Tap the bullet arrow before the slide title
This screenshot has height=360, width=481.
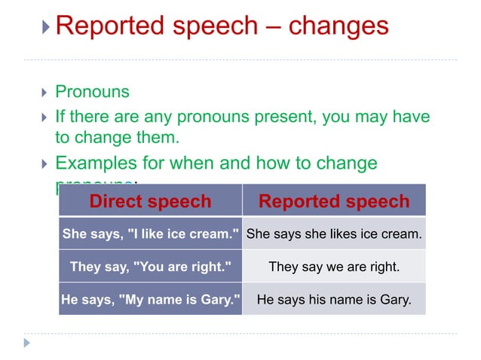click(x=47, y=27)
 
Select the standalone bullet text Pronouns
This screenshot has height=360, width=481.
click(x=92, y=92)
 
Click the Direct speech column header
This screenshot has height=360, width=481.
click(x=150, y=201)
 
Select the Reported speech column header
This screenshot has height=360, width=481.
click(x=334, y=201)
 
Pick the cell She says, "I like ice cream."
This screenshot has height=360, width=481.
click(x=151, y=233)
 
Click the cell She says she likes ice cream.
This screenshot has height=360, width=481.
click(x=334, y=233)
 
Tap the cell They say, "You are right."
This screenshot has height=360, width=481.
click(x=151, y=267)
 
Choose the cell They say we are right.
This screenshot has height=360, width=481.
click(x=334, y=267)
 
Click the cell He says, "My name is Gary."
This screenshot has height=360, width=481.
click(x=151, y=300)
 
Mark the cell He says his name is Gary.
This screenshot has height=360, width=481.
click(x=334, y=300)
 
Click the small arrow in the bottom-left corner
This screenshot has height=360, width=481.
click(x=28, y=343)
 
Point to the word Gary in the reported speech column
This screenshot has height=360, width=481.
click(x=395, y=300)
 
